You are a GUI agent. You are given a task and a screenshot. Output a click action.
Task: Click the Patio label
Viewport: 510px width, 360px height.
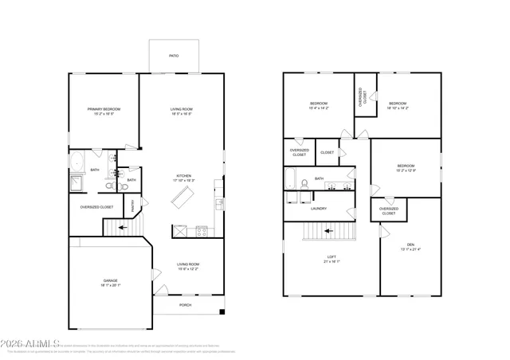point(173,57)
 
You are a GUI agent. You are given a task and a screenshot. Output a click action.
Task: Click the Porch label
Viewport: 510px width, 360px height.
point(185,304)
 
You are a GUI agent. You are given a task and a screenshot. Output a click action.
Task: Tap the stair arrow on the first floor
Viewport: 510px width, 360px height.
point(122,228)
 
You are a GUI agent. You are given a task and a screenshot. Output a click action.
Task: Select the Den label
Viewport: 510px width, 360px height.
point(410,245)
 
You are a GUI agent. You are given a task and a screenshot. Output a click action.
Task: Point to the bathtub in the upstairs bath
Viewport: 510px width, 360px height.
point(292,182)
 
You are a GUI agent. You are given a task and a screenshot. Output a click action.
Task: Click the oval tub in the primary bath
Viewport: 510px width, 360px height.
point(78,165)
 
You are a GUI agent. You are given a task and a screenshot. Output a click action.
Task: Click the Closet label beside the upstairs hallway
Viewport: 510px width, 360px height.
point(327,152)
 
